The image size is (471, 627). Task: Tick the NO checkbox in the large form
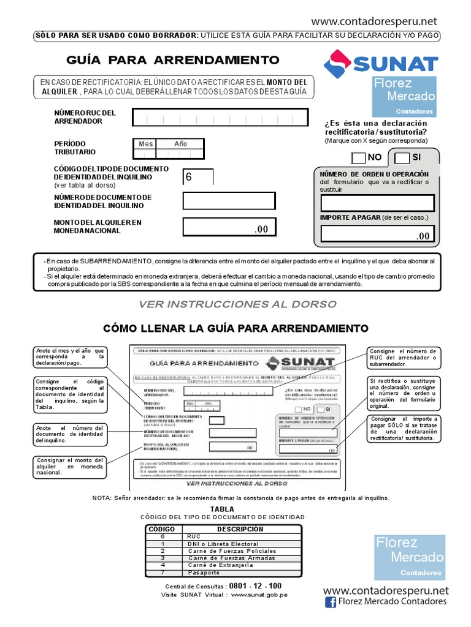[x=358, y=158]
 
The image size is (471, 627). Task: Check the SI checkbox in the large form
[x=402, y=158]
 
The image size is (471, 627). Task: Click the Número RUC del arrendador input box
[x=220, y=117]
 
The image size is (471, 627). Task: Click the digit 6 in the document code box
[x=189, y=177]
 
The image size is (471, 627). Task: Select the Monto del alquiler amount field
[x=229, y=227]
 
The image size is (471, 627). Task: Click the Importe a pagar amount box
[x=377, y=234]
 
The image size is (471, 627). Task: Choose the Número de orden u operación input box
[x=377, y=203]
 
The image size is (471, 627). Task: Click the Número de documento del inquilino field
[x=229, y=200]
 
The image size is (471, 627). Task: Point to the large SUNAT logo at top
[x=381, y=63]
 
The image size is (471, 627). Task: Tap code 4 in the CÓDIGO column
[x=163, y=565]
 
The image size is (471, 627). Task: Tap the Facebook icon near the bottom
[x=330, y=603]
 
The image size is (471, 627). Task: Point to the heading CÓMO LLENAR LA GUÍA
[x=235, y=328]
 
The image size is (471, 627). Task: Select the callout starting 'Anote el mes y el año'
[x=70, y=356]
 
